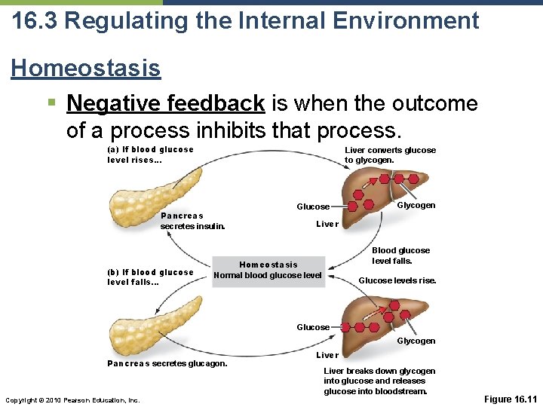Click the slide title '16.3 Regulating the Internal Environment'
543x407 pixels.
pos(245,20)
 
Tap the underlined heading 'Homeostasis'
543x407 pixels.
pos(85,69)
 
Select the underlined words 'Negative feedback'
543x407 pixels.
pos(165,103)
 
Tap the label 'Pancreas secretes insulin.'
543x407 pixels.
pos(192,221)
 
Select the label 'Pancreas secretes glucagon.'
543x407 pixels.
pos(167,364)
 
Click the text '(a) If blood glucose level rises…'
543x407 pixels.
pos(150,155)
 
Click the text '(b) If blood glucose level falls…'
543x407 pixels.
pos(150,277)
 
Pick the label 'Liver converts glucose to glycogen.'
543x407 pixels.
pos(390,155)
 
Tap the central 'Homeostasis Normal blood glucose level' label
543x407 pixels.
pos(268,270)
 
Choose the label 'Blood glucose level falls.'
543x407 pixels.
pos(400,256)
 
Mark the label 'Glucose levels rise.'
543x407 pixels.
pos(397,281)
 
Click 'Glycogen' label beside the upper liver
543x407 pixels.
pos(416,206)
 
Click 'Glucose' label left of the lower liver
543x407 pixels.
pos(313,327)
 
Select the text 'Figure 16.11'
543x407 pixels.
pos(509,398)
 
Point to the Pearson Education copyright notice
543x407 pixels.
pos(72,399)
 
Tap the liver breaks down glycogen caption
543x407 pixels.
pos(379,381)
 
